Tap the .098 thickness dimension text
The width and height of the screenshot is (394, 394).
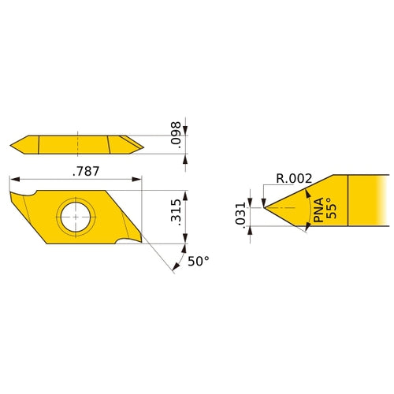pos(178,136)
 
